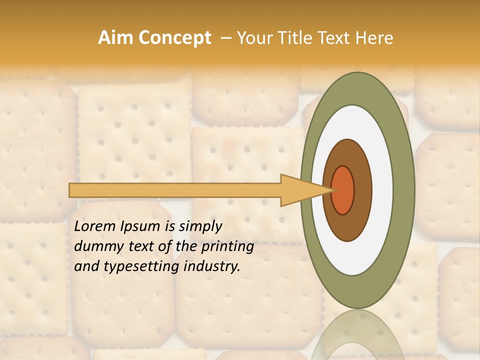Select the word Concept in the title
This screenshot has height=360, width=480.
coord(174,38)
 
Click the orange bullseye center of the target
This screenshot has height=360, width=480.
coord(342,190)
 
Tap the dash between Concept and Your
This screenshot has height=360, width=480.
coord(226,38)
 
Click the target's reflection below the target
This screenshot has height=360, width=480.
coord(357,335)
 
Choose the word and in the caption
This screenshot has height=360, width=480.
coord(85,266)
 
